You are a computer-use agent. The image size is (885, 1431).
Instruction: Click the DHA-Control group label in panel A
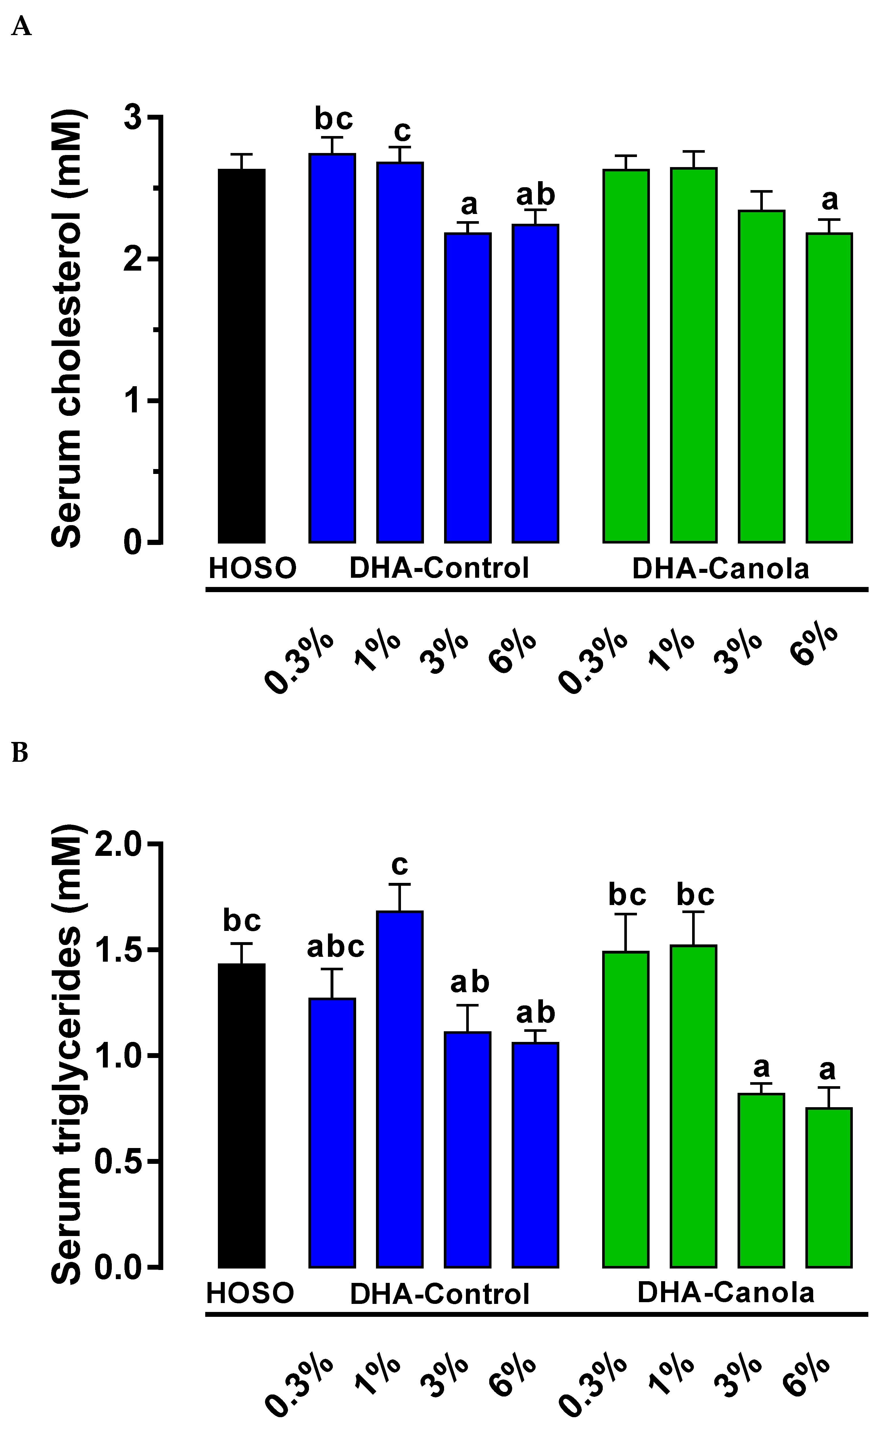coord(439,568)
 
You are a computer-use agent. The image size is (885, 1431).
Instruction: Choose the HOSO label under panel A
coord(252,568)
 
